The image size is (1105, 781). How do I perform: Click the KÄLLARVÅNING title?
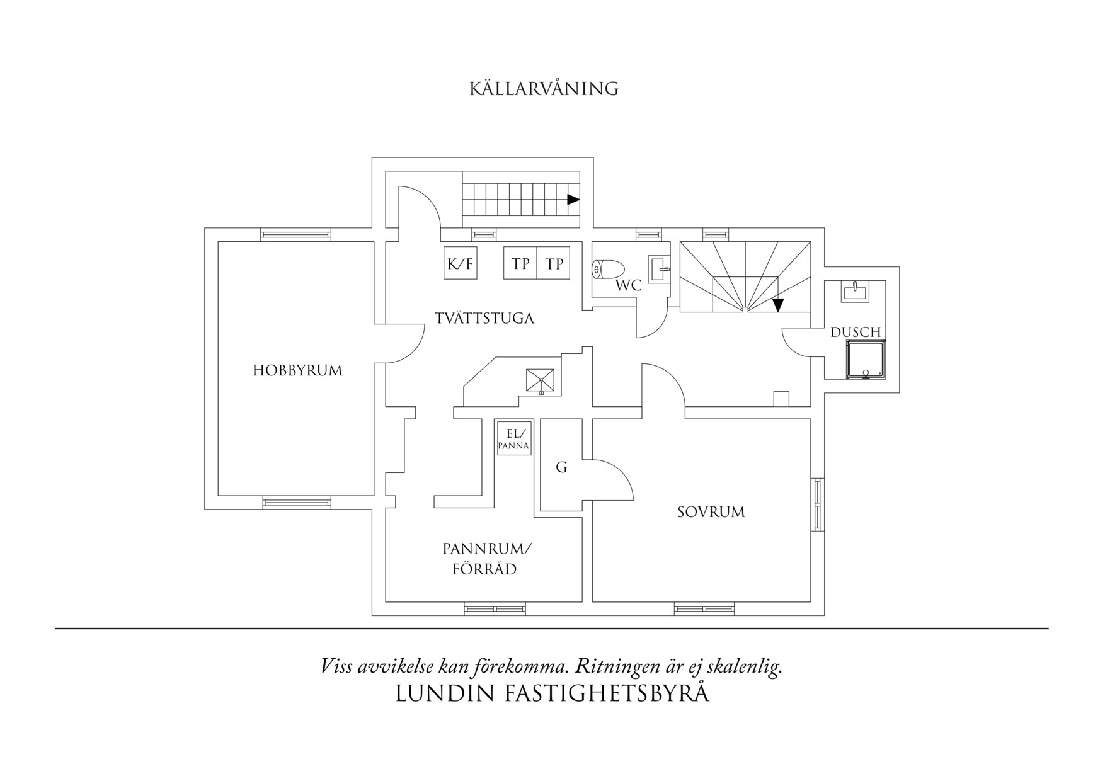[x=544, y=89]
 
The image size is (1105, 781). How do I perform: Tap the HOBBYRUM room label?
[x=297, y=370]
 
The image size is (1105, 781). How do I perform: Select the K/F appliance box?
[x=460, y=263]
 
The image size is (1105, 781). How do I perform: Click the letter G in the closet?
[x=561, y=467]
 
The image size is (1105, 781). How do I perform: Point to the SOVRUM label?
[x=711, y=512]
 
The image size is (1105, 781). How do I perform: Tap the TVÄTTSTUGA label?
[x=484, y=318]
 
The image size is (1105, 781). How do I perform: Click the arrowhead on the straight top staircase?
[x=573, y=200]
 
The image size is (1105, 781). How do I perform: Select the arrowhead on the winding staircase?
[x=778, y=305]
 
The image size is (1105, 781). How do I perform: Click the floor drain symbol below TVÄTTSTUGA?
[x=541, y=382]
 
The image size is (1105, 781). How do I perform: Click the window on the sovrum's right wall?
[x=818, y=504]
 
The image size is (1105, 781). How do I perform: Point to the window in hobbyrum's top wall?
[x=295, y=235]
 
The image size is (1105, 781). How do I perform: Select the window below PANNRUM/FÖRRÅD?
[x=495, y=608]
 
